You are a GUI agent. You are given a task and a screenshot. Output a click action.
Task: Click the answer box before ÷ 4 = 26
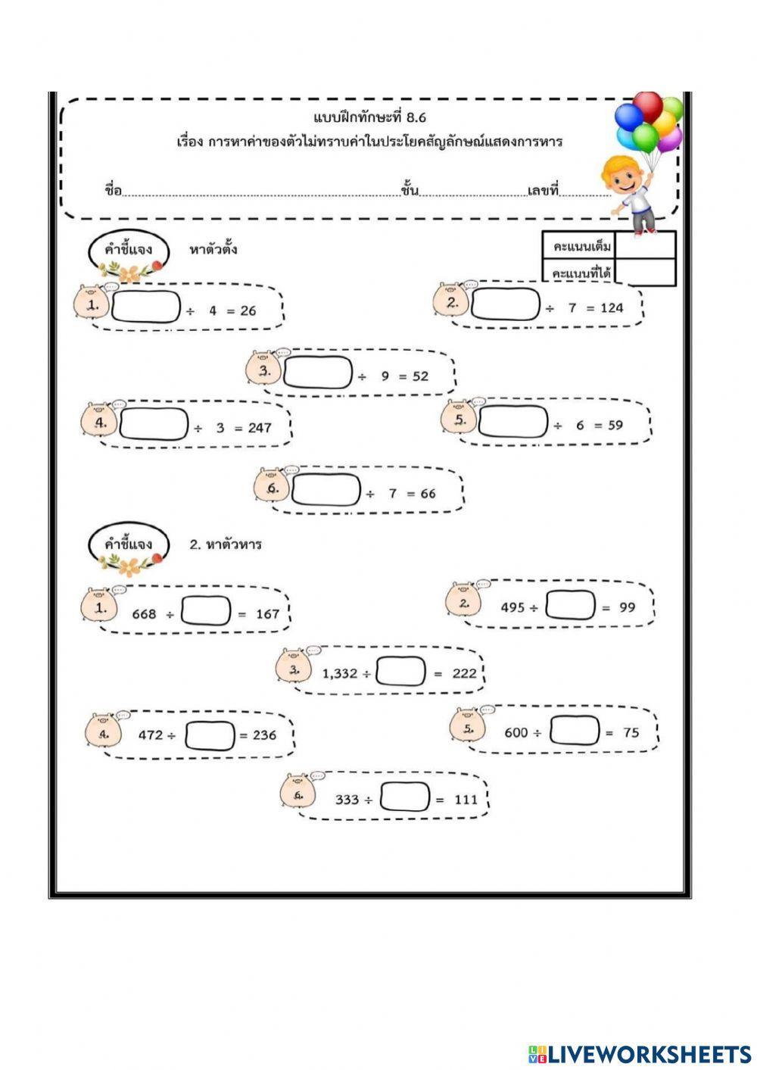[x=146, y=307]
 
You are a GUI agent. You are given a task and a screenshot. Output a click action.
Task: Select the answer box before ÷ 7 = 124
[x=506, y=305]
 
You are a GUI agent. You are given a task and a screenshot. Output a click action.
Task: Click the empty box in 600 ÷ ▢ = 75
[x=575, y=730]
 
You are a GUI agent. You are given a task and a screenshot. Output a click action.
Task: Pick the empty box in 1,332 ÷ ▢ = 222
[x=400, y=671]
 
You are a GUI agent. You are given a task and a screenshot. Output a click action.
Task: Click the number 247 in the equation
[x=259, y=428]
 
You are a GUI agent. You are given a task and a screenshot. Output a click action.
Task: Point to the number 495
[x=512, y=607]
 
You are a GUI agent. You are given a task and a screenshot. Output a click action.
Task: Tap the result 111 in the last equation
[x=466, y=800]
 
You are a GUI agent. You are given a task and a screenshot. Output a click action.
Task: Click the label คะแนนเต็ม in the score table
[x=581, y=247]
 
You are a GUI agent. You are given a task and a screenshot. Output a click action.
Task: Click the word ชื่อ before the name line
[x=113, y=189]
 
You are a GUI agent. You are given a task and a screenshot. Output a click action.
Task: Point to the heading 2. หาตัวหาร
[x=225, y=544]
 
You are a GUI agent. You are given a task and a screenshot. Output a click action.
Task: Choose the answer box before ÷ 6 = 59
[x=512, y=422]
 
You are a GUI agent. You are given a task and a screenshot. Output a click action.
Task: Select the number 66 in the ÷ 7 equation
[x=428, y=494]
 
